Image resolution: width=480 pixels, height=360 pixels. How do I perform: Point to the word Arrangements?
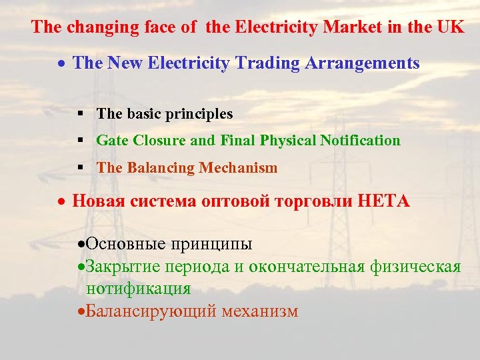(x=361, y=63)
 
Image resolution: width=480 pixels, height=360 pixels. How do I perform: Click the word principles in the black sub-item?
(x=201, y=114)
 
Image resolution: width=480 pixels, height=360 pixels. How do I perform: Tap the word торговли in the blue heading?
(x=311, y=201)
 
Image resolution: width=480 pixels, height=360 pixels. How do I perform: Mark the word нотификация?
(x=138, y=289)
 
